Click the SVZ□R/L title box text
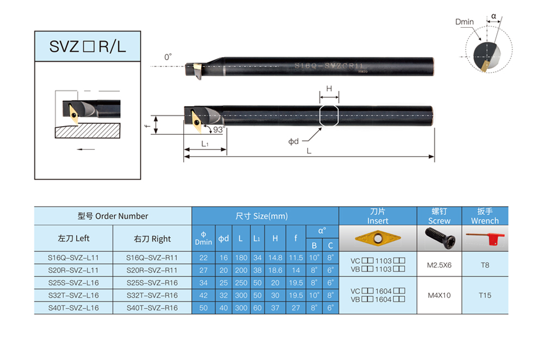click(88, 46)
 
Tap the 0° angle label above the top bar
click(168, 57)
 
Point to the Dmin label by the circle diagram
click(464, 22)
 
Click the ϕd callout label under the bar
click(294, 141)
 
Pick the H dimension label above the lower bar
click(329, 89)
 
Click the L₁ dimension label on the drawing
click(205, 144)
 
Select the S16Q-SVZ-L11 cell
click(73, 258)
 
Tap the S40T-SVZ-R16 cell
click(152, 308)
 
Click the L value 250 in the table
click(241, 283)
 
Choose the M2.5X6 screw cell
click(439, 265)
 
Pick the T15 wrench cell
click(485, 295)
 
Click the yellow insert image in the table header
click(378, 238)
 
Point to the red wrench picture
click(485, 239)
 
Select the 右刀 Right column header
click(152, 239)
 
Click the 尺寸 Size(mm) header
click(262, 216)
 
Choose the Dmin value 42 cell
click(203, 295)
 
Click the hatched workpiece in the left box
click(88, 131)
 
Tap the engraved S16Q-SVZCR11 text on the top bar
click(329, 66)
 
